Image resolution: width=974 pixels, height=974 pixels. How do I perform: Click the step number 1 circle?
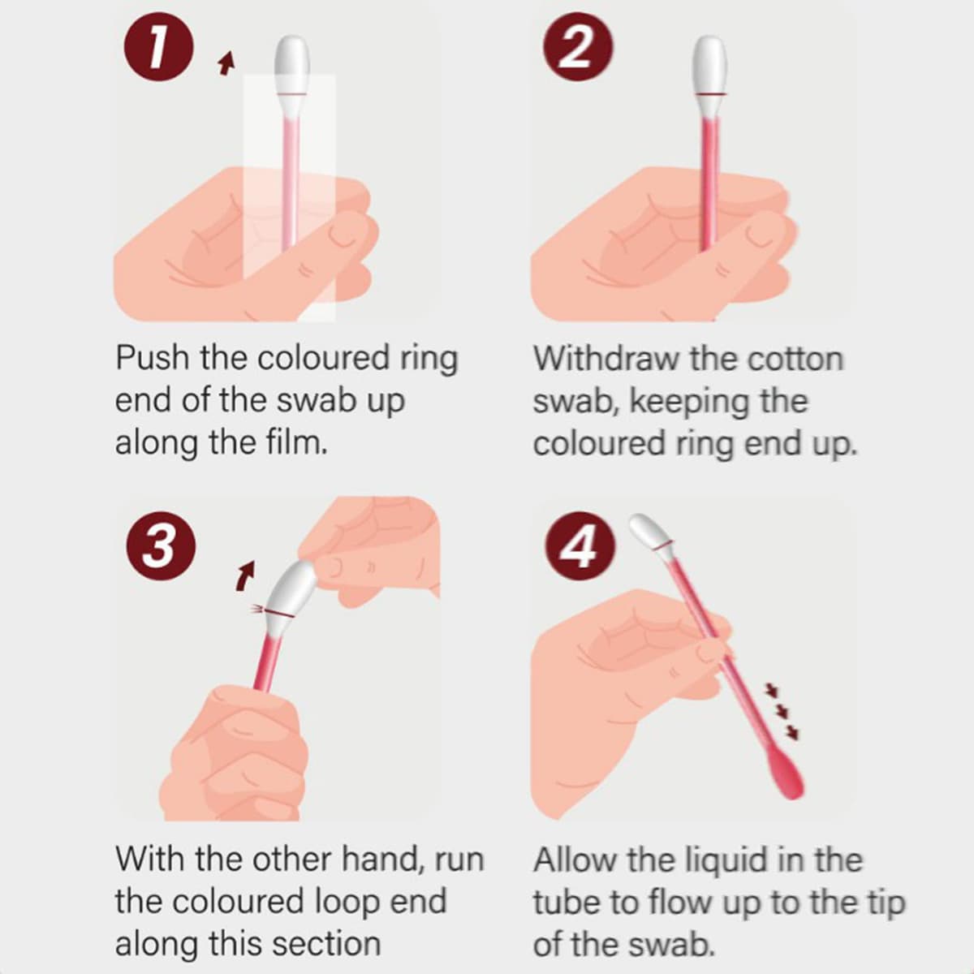point(159,46)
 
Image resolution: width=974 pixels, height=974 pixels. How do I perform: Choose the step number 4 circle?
point(580,547)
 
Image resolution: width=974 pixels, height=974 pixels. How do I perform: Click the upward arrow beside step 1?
point(227,62)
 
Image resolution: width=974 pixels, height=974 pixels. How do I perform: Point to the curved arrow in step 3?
point(245,575)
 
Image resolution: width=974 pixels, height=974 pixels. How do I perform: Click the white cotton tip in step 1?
point(292,65)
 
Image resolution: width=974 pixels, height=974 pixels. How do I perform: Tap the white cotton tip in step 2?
point(709,65)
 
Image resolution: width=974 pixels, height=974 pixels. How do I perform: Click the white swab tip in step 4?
point(649,531)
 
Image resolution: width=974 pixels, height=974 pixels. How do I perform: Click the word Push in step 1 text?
point(152,358)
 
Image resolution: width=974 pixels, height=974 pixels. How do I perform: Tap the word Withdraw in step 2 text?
point(606,359)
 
